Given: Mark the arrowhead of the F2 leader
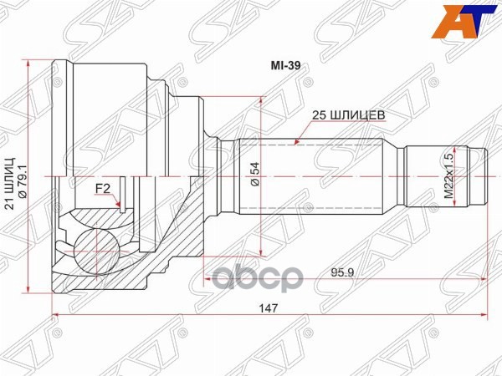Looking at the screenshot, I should [123, 207].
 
